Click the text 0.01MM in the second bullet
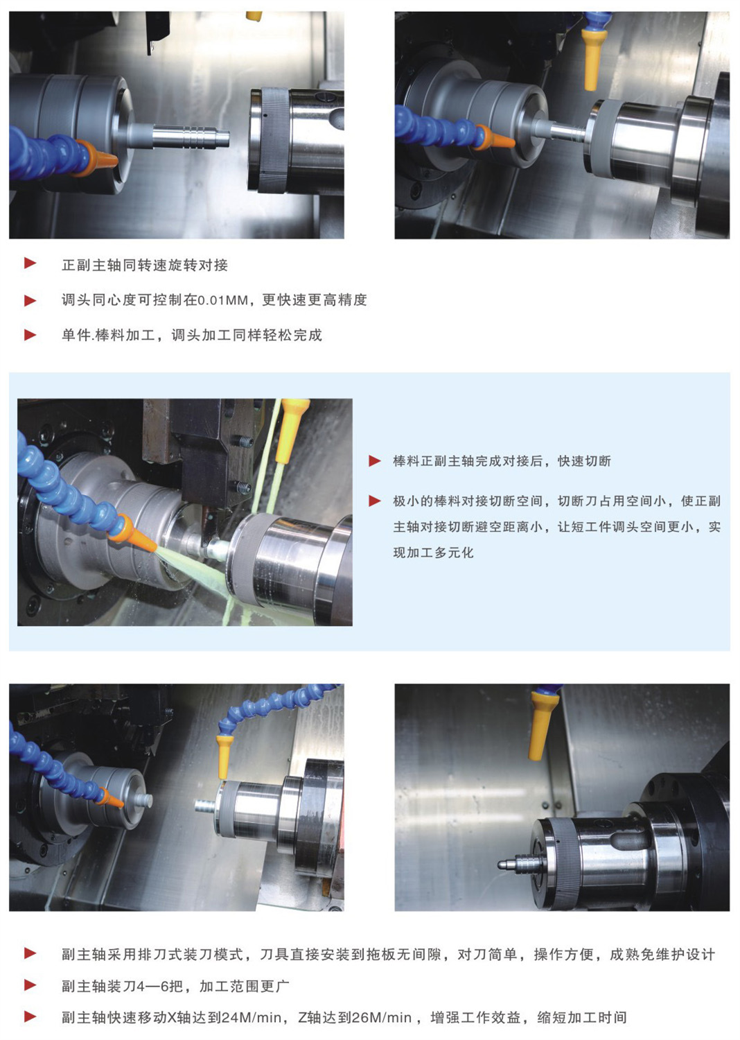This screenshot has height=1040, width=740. (222, 300)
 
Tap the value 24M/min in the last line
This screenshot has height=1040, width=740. (251, 1018)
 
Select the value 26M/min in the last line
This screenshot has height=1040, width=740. (381, 1018)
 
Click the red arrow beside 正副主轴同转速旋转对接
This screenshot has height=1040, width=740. (30, 263)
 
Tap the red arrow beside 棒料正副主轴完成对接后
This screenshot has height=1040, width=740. (374, 460)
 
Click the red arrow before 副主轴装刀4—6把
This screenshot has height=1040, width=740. (30, 985)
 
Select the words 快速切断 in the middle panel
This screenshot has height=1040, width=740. (584, 461)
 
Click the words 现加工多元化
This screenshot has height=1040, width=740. (433, 553)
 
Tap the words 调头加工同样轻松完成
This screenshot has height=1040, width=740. (247, 335)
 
